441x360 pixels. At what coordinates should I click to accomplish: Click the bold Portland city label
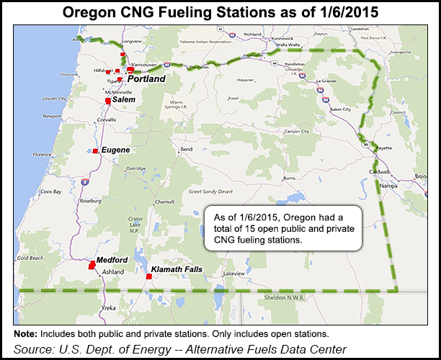pos(147,78)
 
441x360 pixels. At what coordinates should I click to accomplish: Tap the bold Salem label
pos(123,99)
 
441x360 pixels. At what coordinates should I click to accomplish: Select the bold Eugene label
pos(115,150)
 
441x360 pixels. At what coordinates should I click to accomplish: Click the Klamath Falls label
pos(177,269)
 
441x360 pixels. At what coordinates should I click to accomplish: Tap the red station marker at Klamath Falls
pos(148,276)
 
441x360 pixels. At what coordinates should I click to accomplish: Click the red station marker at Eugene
pos(95,151)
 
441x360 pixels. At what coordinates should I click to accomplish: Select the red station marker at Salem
pos(108,101)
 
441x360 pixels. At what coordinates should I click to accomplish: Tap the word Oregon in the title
pos(146,13)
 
